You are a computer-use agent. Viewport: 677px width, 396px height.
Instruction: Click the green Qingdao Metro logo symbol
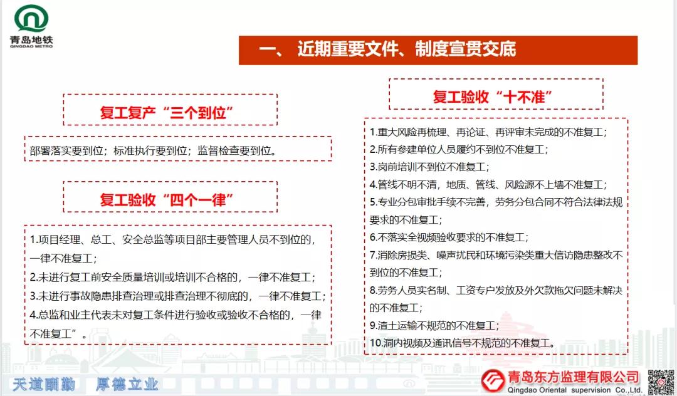31,19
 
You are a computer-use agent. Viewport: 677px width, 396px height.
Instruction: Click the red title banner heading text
387,49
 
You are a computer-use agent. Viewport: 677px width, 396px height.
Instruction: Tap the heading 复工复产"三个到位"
167,113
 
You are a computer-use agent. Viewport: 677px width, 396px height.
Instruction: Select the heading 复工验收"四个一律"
167,200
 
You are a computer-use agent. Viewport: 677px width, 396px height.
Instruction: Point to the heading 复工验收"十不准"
493,96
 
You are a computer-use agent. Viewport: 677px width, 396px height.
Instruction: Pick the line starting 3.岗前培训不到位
429,167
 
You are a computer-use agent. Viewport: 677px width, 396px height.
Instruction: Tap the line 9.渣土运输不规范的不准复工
434,325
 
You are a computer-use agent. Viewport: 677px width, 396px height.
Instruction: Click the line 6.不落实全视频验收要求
449,237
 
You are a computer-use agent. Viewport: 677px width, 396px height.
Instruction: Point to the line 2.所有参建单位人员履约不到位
459,149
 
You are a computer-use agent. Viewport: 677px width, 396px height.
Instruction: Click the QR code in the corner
661,382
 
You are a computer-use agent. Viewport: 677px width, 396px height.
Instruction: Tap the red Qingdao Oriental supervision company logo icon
493,381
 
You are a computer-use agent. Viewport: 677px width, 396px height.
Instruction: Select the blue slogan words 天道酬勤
44,384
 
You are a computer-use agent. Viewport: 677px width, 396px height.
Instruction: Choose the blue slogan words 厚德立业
127,384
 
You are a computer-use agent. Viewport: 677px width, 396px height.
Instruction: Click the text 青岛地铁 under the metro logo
31,40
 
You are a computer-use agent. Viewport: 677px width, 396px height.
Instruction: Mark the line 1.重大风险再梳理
489,132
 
